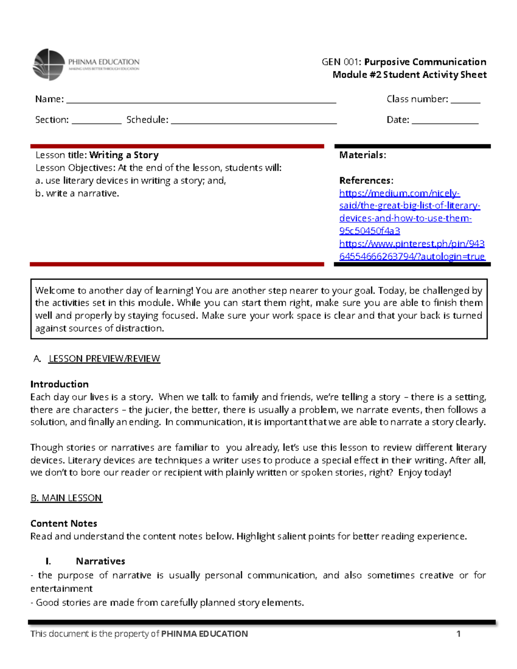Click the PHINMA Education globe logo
(49, 65)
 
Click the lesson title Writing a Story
(124, 155)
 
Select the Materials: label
(362, 155)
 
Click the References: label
(366, 180)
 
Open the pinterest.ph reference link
(411, 250)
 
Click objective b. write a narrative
(77, 193)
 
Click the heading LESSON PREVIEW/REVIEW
(104, 359)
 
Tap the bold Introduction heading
(59, 384)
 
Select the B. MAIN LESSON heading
(66, 498)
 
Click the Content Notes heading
(64, 523)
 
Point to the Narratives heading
(100, 561)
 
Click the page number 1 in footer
(458, 634)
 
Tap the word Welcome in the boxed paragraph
(55, 290)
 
